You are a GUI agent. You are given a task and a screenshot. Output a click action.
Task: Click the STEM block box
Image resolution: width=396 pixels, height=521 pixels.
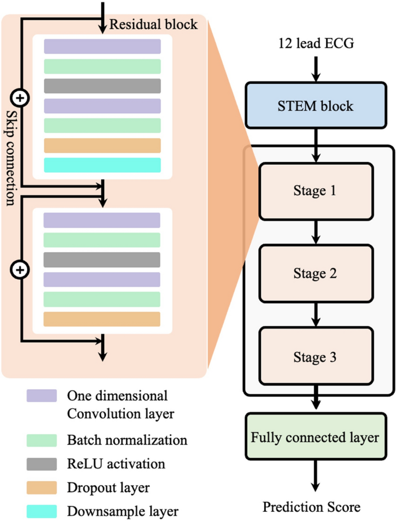[x=316, y=105]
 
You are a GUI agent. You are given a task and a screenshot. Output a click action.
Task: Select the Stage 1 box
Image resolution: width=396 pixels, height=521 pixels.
[x=316, y=191]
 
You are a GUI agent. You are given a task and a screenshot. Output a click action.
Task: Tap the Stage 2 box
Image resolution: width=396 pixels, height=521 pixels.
[x=316, y=274]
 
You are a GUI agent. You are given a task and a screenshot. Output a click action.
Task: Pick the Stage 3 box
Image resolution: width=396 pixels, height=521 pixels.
[x=316, y=357]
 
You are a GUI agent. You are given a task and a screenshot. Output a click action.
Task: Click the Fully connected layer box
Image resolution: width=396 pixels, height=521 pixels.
[x=316, y=437]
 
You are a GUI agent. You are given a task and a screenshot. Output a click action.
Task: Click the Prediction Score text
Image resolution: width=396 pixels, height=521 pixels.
[x=312, y=507]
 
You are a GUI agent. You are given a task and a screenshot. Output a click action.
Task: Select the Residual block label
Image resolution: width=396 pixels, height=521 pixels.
[x=153, y=25]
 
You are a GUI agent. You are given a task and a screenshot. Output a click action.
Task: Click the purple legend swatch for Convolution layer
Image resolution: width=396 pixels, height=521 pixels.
[x=42, y=396]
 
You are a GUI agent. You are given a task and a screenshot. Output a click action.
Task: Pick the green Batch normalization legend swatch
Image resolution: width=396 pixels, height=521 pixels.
[x=42, y=440]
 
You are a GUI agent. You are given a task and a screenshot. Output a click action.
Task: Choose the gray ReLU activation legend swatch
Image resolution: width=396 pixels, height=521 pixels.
[x=42, y=464]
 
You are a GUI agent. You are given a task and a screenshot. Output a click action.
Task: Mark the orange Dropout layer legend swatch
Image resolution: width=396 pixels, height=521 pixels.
[x=42, y=487]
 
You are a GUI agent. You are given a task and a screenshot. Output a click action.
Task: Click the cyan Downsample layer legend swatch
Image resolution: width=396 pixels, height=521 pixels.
[x=42, y=511]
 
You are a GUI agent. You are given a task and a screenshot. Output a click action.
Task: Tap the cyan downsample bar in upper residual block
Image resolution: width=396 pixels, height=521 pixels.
[x=102, y=165]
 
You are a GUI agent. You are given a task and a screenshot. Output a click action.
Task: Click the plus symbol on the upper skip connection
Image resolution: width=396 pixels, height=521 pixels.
[x=20, y=98]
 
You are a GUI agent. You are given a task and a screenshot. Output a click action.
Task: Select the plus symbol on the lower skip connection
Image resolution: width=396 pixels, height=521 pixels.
[x=20, y=269]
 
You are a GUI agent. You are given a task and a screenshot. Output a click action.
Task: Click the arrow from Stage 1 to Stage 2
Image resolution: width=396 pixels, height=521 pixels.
[x=316, y=232]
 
